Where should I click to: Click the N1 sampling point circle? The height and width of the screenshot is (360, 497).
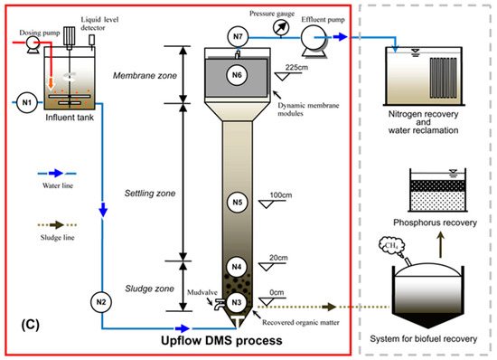click(x=27, y=102)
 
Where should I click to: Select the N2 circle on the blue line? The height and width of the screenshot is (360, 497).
click(x=101, y=302)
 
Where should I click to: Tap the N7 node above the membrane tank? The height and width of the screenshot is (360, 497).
click(x=238, y=36)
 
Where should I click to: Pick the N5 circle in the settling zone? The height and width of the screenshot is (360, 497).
click(x=238, y=202)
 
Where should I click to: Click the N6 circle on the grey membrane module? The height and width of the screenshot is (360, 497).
click(x=237, y=75)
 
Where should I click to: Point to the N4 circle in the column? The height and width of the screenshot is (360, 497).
click(x=237, y=267)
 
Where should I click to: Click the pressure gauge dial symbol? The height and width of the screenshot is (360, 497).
click(x=281, y=27)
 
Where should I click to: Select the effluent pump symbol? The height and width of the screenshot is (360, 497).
click(x=314, y=42)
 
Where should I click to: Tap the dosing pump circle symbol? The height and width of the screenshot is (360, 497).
click(x=33, y=44)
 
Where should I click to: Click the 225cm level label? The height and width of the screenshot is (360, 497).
click(x=296, y=67)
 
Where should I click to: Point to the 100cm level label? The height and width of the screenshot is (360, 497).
click(x=281, y=195)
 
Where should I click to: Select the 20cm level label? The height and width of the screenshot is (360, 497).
click(x=278, y=258)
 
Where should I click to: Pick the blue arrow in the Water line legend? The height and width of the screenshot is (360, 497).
click(x=56, y=173)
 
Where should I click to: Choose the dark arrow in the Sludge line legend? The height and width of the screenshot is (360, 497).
click(x=57, y=225)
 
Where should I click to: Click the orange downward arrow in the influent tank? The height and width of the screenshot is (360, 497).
click(x=51, y=82)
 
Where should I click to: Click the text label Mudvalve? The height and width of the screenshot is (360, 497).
click(x=202, y=292)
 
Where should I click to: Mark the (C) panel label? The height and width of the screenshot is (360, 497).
click(x=31, y=324)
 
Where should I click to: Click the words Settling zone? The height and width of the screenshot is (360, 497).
click(x=150, y=194)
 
